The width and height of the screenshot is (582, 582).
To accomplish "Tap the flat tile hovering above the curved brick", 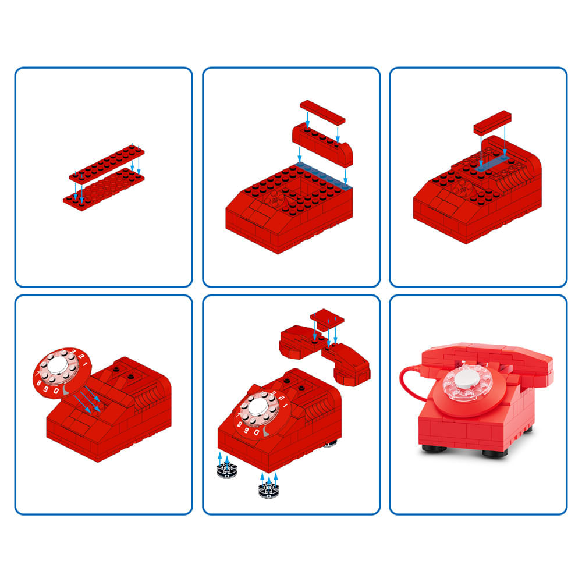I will pyautogui.click(x=322, y=112).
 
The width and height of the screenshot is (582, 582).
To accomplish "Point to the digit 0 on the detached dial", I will pyautogui.click(x=56, y=391).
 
